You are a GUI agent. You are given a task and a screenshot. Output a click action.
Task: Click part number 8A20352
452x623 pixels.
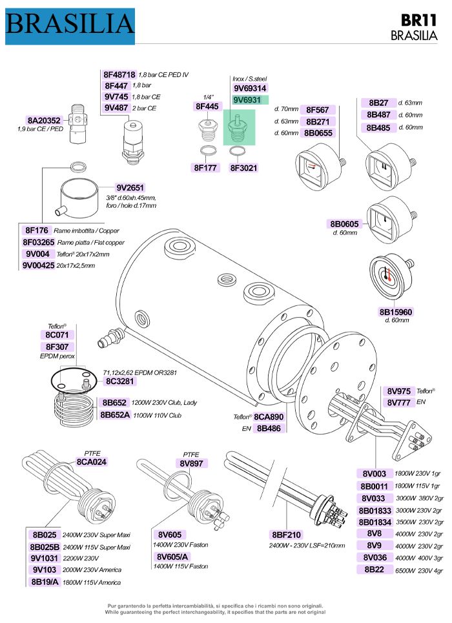click(45, 120)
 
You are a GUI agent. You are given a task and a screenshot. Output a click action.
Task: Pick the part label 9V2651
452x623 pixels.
click(130, 187)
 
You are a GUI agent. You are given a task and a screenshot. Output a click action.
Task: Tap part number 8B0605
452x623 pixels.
click(345, 224)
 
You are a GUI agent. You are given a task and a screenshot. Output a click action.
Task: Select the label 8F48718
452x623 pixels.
click(119, 75)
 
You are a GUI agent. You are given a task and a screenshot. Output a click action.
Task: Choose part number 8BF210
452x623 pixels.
click(287, 535)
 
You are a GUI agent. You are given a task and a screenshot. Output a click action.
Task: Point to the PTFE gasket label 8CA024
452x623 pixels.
click(91, 462)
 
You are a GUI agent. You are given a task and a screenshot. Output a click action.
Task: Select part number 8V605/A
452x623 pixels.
click(172, 556)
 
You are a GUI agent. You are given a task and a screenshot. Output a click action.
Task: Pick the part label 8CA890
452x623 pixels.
click(269, 416)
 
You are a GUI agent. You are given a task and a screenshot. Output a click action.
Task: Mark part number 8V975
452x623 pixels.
click(398, 391)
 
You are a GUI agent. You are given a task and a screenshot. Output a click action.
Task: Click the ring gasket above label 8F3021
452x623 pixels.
click(238, 152)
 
